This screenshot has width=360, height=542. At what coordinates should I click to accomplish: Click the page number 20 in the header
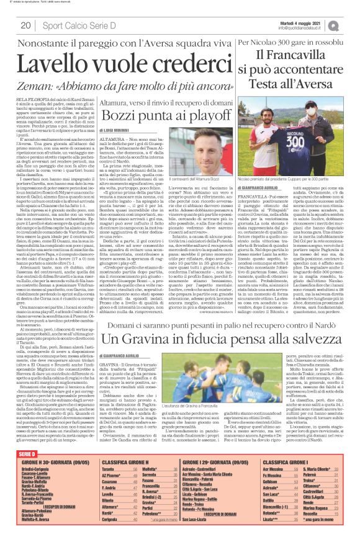click(x=26, y=25)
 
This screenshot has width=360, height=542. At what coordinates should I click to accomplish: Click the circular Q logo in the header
click(x=351, y=24)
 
